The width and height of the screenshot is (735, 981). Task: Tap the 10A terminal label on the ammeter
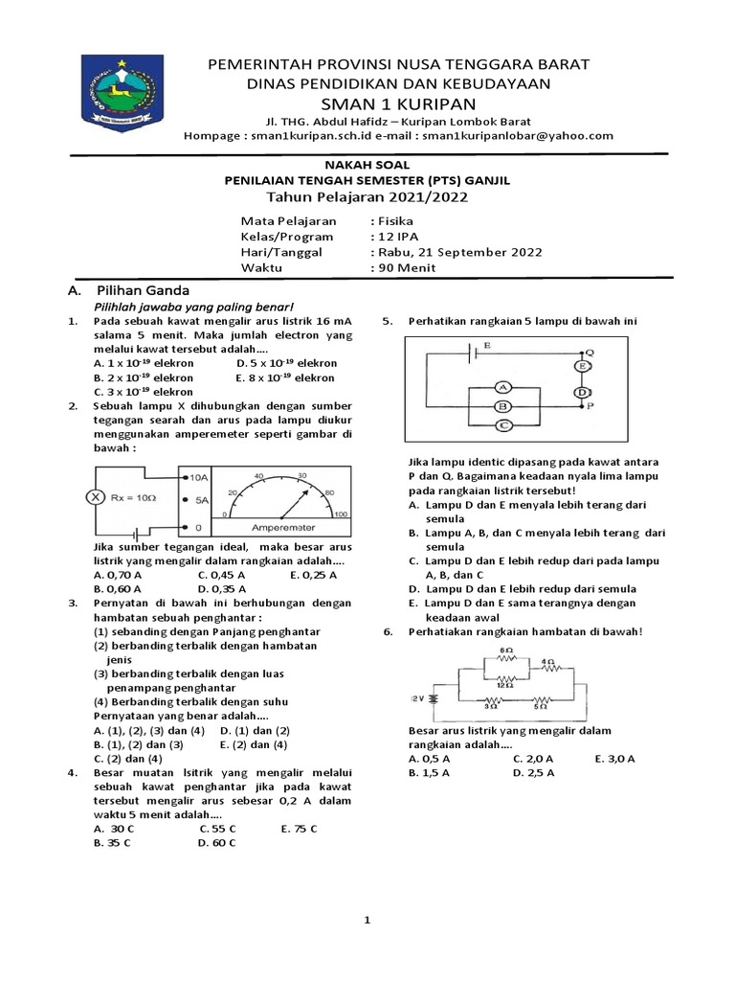click(198, 476)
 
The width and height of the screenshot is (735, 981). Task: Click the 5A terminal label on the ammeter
click(198, 500)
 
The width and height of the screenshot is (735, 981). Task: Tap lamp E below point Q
click(580, 366)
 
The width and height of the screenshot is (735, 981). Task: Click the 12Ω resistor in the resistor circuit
click(507, 684)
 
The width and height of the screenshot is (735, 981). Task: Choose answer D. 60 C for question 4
click(216, 842)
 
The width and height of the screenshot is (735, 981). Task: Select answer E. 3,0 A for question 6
click(614, 758)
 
